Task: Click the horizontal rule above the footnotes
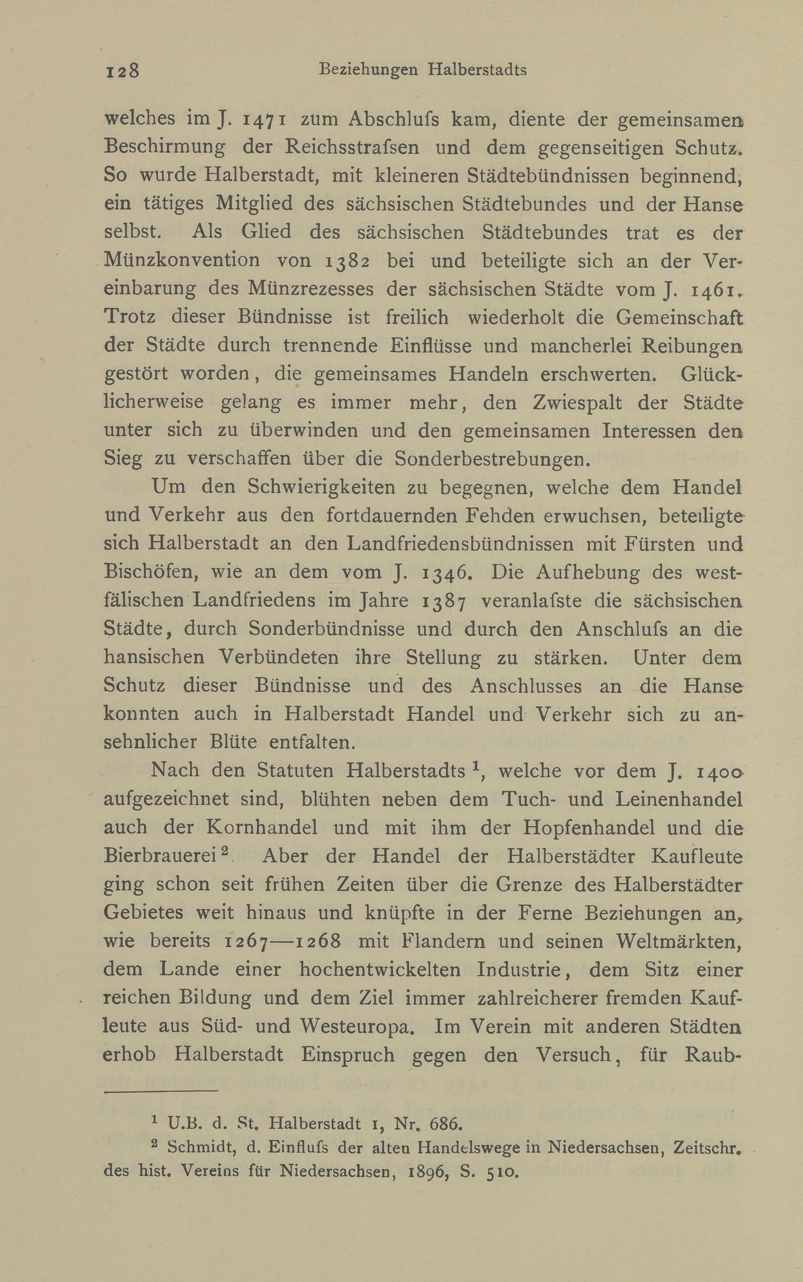(161, 1091)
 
